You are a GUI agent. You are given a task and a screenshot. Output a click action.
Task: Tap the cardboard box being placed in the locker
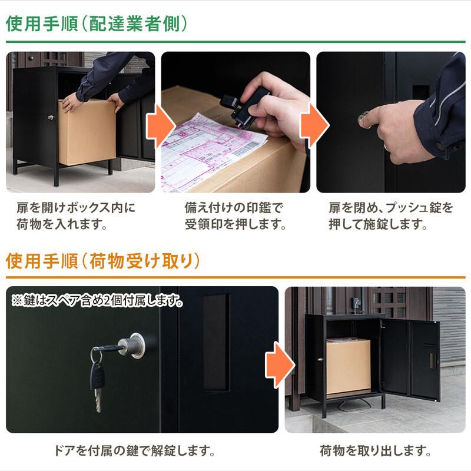coord(87,132)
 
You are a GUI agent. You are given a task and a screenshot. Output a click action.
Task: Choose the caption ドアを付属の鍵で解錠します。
coord(131,452)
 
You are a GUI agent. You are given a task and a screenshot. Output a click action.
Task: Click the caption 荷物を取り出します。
coord(375,452)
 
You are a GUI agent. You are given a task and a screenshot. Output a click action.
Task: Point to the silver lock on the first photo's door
coord(51,117)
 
